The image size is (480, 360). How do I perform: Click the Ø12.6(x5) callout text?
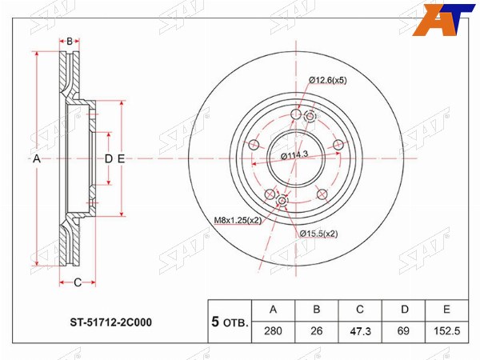point(327,81)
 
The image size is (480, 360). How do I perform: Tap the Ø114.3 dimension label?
point(294,155)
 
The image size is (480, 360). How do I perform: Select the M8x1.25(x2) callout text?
point(238,220)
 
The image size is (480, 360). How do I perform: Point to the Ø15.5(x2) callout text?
point(318,234)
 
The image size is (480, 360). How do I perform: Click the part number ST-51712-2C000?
point(111,322)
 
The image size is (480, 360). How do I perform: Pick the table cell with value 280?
point(273,331)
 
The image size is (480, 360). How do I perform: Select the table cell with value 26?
point(317,331)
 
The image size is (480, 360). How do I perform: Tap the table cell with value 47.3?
point(360,331)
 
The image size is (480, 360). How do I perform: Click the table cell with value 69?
point(403,331)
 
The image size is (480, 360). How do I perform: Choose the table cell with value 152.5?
point(447,331)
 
